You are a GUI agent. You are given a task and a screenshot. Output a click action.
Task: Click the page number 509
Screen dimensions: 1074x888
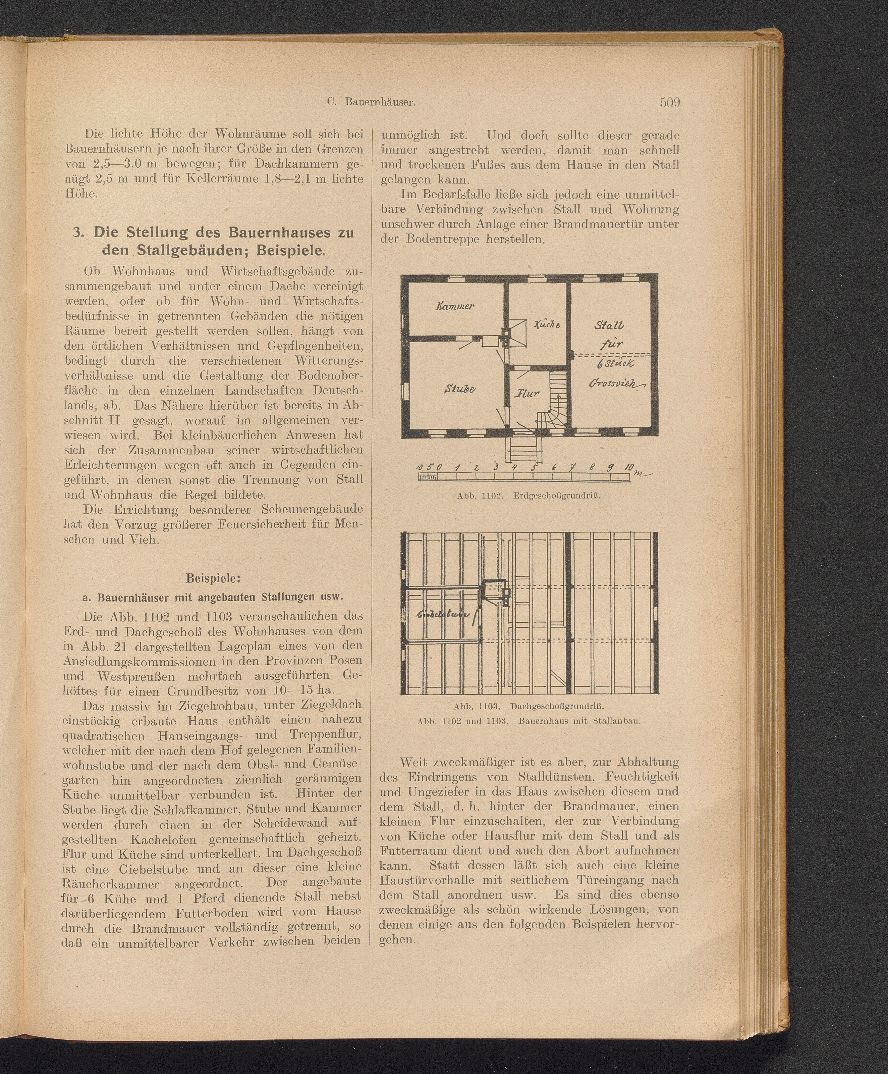(669, 102)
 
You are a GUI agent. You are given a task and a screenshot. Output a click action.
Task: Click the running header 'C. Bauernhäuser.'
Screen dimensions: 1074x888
(371, 102)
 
